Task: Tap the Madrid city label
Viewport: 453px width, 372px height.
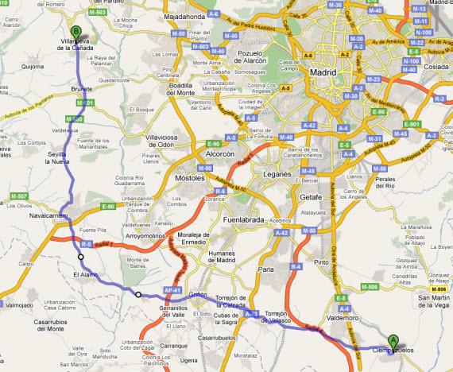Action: pyautogui.click(x=323, y=72)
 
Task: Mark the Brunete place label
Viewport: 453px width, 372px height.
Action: pyautogui.click(x=82, y=90)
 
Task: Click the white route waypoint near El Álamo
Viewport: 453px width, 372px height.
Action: pyautogui.click(x=81, y=257)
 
